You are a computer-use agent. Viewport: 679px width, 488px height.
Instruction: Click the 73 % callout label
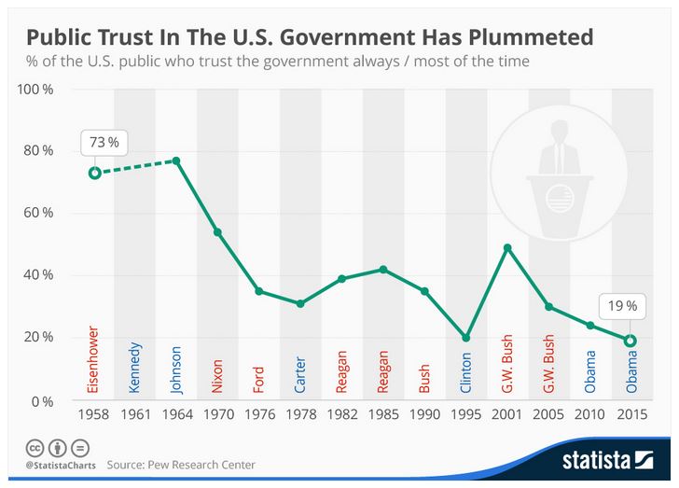click(104, 143)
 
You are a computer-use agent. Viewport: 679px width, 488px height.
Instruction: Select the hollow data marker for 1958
click(94, 173)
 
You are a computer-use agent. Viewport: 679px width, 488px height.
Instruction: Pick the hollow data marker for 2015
click(630, 341)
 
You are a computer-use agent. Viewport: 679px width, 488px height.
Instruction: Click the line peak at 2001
click(507, 247)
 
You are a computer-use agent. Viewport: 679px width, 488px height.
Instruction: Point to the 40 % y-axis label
click(37, 275)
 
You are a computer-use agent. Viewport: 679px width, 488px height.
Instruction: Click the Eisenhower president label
click(94, 359)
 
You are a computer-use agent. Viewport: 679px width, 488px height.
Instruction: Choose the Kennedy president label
click(135, 368)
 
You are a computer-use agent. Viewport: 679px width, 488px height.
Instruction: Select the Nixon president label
click(218, 373)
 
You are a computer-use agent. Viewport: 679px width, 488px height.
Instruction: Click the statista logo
click(607, 460)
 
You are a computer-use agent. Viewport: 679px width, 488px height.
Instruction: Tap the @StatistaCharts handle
click(58, 464)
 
